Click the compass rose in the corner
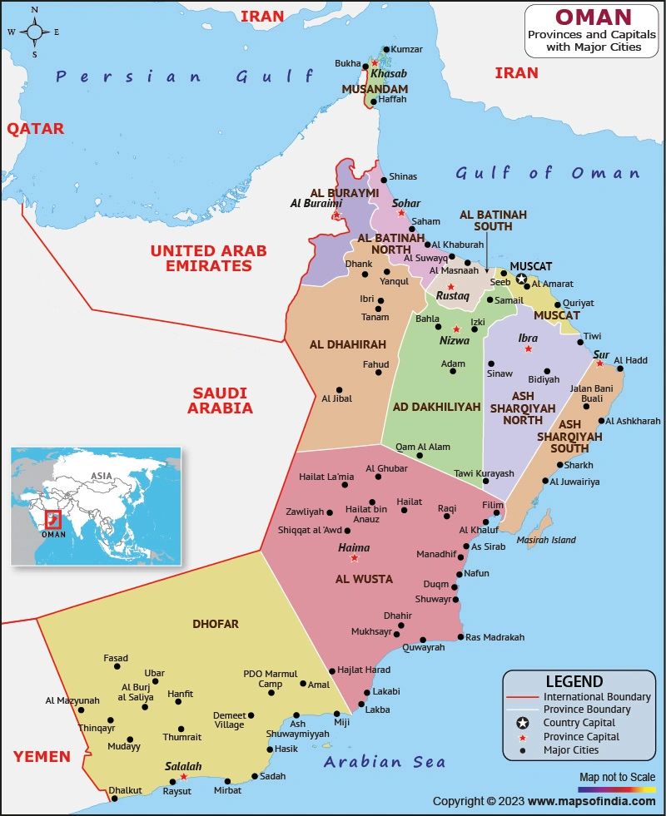34,32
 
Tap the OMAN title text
593,17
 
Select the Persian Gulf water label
184,77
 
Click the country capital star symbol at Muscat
521,279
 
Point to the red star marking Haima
354,558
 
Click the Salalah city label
183,766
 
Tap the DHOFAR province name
216,624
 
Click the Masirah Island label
547,540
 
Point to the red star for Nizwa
455,329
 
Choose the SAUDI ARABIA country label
220,400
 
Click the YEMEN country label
42,756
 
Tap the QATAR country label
35,129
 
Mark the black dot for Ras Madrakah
460,637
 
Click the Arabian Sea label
385,762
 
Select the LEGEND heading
574,681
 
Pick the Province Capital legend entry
581,737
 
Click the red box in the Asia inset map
52,520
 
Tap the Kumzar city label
407,50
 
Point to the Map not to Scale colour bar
617,789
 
